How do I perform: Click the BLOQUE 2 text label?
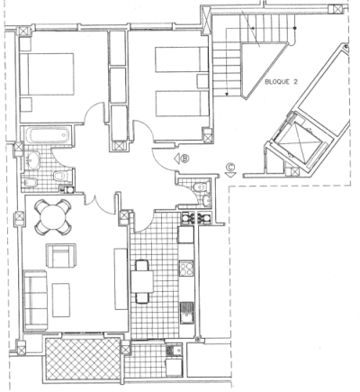(281, 82)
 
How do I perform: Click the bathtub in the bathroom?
(47, 136)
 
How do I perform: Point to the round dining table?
(53, 217)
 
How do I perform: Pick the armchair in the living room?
(61, 255)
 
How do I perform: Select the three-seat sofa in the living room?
(35, 300)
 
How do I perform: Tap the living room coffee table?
(61, 300)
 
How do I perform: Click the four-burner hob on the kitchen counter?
(186, 269)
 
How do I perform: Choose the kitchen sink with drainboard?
(186, 313)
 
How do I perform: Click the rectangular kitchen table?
(142, 281)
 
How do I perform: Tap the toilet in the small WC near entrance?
(200, 187)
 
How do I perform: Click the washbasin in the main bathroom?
(32, 160)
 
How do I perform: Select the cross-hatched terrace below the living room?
(83, 359)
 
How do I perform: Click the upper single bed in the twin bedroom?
(182, 59)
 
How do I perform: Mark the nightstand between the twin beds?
(202, 81)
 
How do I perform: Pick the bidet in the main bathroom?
(30, 182)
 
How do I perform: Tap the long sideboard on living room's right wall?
(121, 278)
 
